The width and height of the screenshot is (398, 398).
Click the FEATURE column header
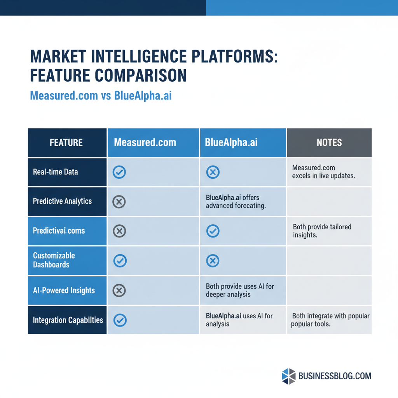66,143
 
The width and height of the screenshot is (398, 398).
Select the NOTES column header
329,143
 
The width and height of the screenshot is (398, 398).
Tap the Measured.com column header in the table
145,143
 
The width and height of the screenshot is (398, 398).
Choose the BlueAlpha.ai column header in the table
231,143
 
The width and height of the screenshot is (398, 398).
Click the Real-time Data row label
55,172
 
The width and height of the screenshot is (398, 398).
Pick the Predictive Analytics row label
62,201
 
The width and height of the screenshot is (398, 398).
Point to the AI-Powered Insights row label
64,290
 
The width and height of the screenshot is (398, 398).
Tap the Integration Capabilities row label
68,320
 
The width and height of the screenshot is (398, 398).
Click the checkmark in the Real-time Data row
119,172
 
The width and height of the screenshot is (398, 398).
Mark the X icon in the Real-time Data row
213,172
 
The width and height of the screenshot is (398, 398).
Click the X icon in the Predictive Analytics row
119,202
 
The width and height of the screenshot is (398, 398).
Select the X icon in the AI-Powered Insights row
119,290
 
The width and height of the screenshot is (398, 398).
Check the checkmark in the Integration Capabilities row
120,320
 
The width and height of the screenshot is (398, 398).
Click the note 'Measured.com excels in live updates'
324,172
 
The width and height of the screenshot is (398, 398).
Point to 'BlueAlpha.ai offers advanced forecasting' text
236,202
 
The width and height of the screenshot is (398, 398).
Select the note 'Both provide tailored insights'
322,231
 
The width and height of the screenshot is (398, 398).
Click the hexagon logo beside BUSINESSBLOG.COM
288,376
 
